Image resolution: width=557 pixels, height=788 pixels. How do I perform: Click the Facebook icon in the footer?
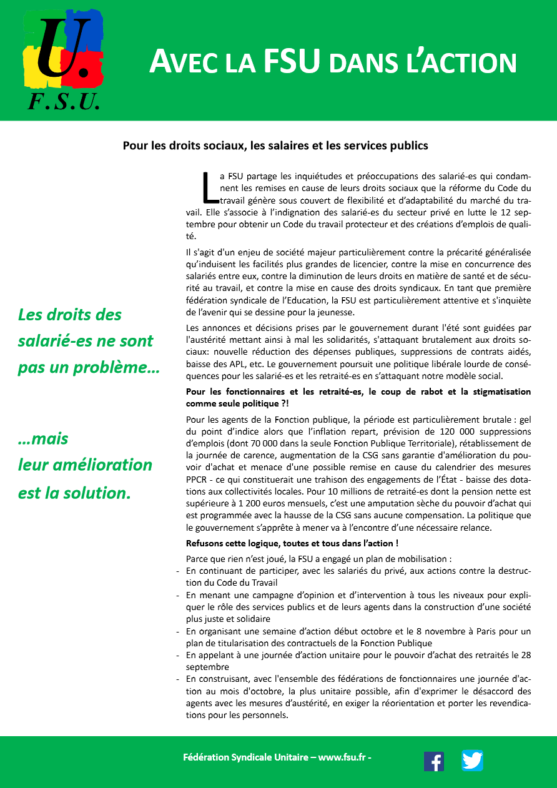[x=434, y=761]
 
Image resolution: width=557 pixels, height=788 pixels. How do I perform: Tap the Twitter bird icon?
[x=472, y=761]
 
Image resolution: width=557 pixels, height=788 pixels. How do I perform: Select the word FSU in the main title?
[x=292, y=62]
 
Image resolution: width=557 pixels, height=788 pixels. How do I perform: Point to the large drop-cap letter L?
[x=209, y=187]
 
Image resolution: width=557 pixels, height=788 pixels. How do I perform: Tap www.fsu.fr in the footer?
[x=343, y=757]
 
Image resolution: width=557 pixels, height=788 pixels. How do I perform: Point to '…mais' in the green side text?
[x=43, y=438]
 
